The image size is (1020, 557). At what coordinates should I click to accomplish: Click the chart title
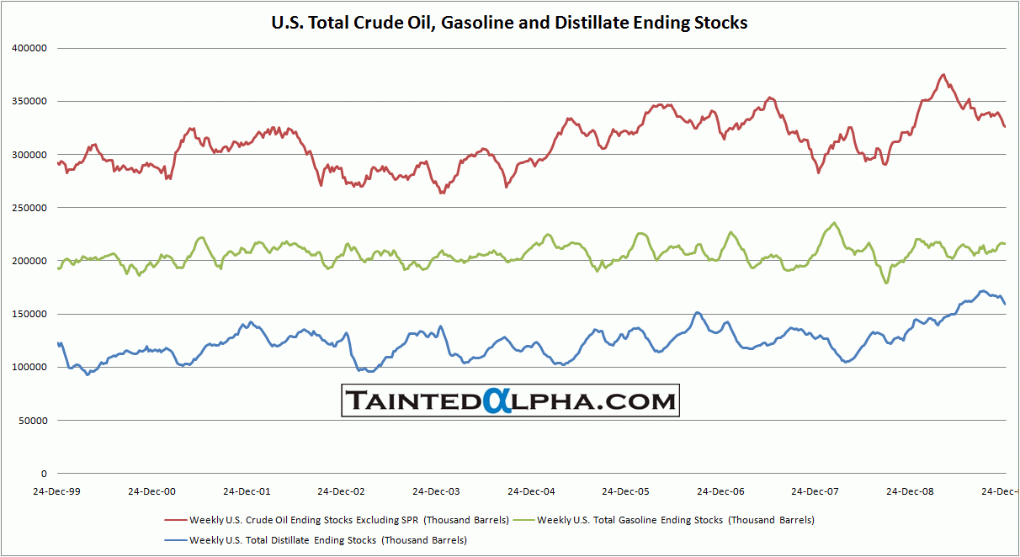click(509, 23)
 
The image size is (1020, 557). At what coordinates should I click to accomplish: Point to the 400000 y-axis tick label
click(29, 48)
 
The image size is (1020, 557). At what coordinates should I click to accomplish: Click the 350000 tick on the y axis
click(29, 101)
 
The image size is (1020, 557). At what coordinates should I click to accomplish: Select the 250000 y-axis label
click(29, 208)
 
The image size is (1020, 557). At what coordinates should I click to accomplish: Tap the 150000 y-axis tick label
click(29, 314)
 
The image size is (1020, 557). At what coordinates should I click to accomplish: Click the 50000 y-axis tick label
click(32, 421)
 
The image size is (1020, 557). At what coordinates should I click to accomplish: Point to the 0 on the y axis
click(45, 474)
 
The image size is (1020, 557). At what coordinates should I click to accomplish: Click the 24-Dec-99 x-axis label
click(57, 491)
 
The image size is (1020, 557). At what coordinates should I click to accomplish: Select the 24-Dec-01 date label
click(247, 491)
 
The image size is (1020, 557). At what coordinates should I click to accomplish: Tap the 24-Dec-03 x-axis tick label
click(436, 491)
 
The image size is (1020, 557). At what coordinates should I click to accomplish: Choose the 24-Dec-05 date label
click(625, 491)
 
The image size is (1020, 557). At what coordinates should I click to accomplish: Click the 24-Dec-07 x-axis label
click(815, 491)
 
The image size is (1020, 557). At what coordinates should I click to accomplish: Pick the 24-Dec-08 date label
click(910, 491)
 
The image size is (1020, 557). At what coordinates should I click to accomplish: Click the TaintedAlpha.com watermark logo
click(510, 401)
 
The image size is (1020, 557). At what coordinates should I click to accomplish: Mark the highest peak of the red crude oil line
click(943, 75)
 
